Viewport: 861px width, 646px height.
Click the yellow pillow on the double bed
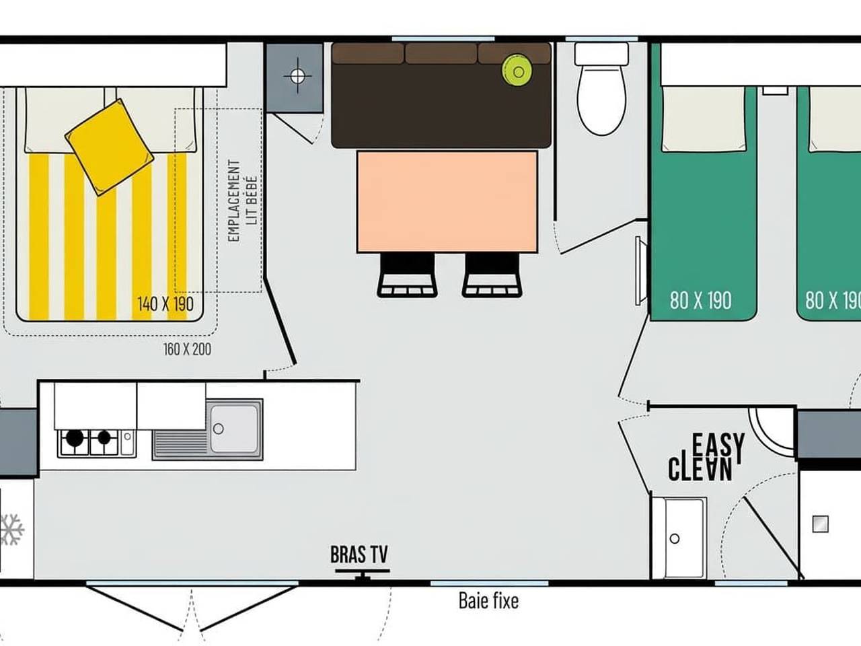coord(108,147)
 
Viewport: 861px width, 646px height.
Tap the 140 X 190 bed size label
coord(165,303)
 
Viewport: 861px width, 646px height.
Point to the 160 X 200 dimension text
coord(187,349)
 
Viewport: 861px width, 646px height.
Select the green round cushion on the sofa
coord(517,70)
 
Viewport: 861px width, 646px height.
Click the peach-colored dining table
coord(447,201)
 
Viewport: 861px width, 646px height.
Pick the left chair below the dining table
coord(408,275)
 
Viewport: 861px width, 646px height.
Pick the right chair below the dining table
coord(492,275)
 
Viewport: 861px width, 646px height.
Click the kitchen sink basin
coord(233,429)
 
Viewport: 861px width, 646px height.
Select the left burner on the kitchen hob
coord(75,439)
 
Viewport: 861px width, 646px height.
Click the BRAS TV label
coord(359,554)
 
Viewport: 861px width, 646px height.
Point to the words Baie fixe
coord(488,600)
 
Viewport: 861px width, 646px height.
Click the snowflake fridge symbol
coord(11,530)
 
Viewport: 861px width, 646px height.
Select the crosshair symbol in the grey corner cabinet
coord(297,75)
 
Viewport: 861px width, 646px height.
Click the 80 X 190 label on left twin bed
coord(700,300)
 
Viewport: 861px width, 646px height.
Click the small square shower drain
coord(820,524)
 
